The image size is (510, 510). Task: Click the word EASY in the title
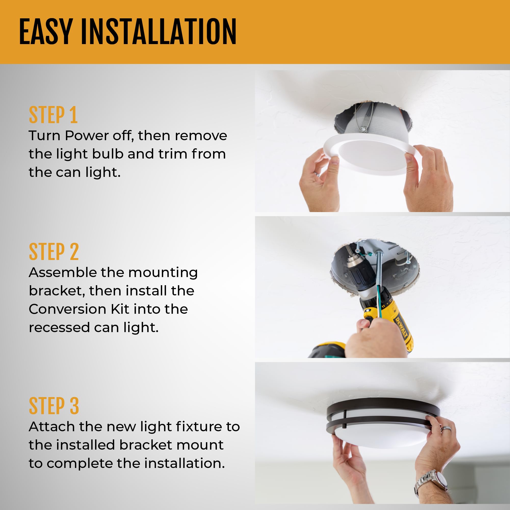46,32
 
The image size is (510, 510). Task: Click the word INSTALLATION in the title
158,32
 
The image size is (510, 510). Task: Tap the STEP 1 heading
53,115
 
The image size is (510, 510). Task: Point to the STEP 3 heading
54,406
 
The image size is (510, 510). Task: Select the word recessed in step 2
59,328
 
